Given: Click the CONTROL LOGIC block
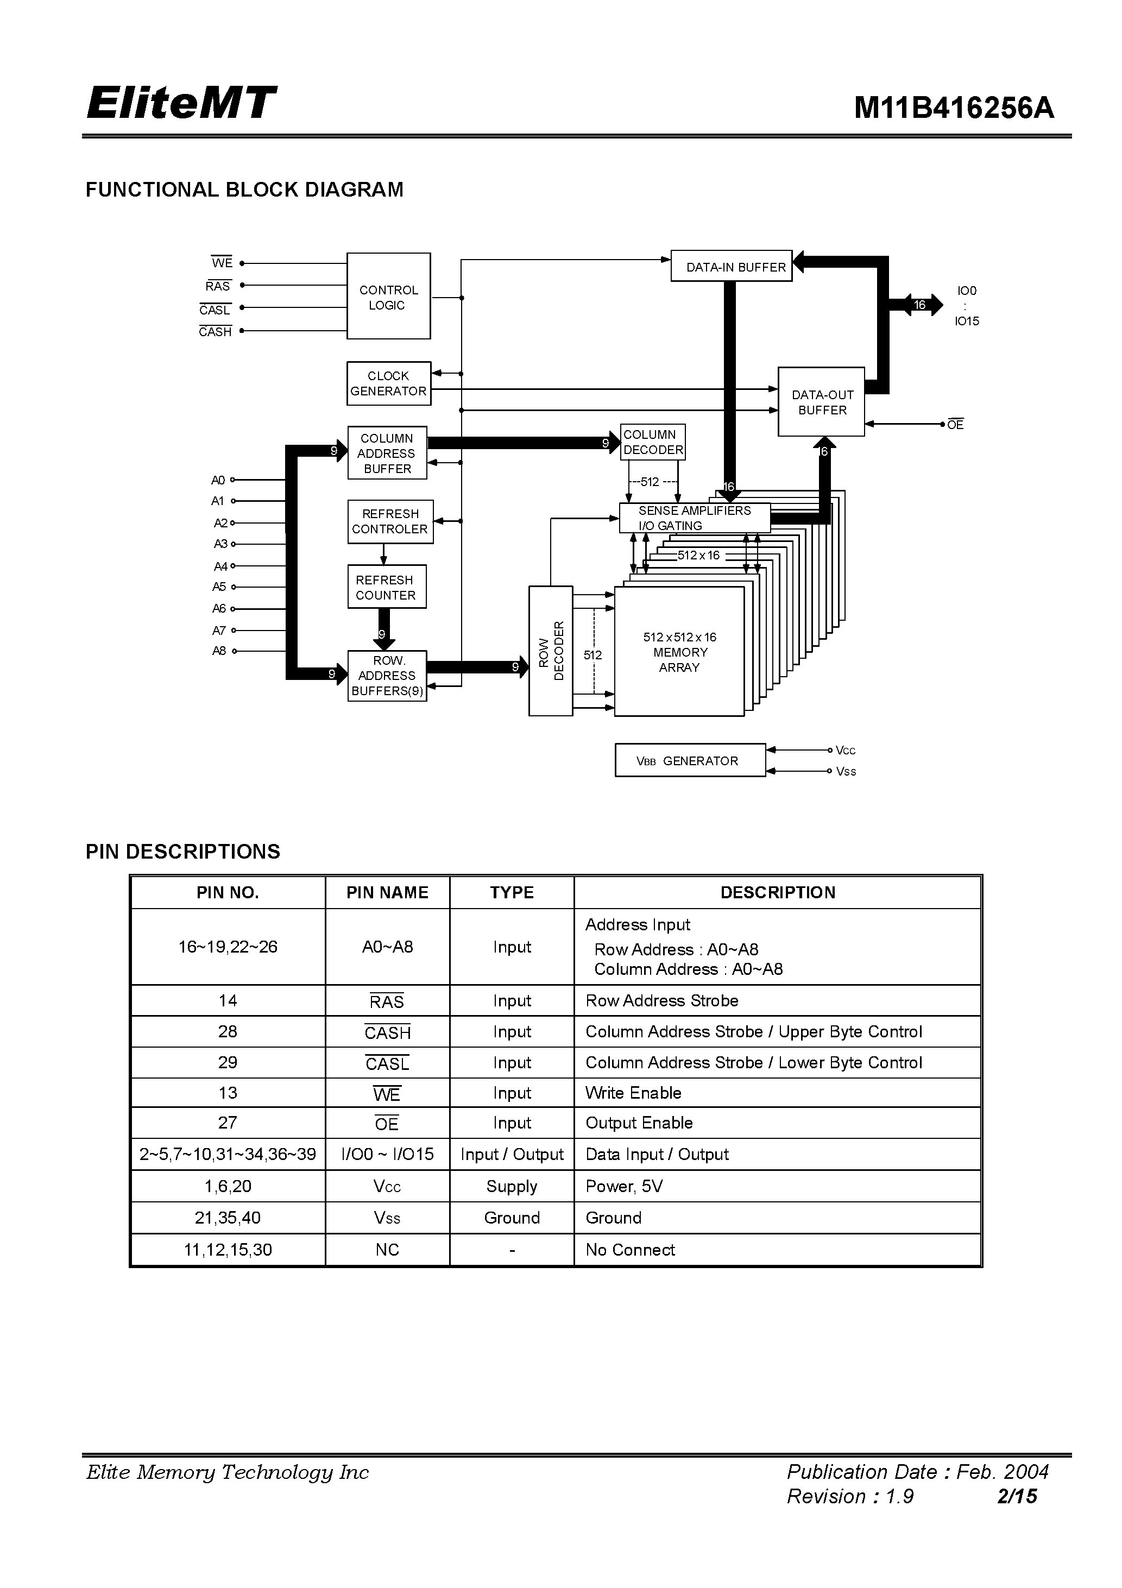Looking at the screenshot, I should pyautogui.click(x=388, y=296).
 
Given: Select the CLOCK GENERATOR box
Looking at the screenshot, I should pyautogui.click(x=388, y=383).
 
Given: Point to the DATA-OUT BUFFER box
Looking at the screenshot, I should pyautogui.click(x=821, y=402).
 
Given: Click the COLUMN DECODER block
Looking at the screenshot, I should pyautogui.click(x=652, y=442).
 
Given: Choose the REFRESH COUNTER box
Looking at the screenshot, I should pyautogui.click(x=386, y=587).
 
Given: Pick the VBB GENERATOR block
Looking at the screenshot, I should pyautogui.click(x=690, y=761).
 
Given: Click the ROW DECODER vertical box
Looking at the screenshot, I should pyautogui.click(x=551, y=651).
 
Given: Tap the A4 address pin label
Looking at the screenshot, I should pyautogui.click(x=220, y=566).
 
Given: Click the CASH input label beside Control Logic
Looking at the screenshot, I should pyautogui.click(x=215, y=332).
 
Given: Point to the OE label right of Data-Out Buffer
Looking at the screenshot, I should pyautogui.click(x=955, y=425).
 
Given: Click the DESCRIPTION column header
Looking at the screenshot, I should pyautogui.click(x=778, y=892).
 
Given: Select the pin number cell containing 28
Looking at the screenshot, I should pyautogui.click(x=228, y=1031).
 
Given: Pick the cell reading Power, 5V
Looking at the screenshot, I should pyautogui.click(x=624, y=1186).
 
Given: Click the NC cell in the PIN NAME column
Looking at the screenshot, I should pyautogui.click(x=387, y=1250).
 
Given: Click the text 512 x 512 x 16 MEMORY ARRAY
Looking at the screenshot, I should pyautogui.click(x=679, y=652).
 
